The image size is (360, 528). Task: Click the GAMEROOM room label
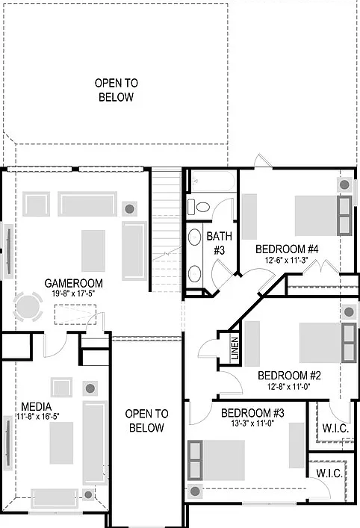(x=73, y=283)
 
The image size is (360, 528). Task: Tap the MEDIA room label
(x=37, y=407)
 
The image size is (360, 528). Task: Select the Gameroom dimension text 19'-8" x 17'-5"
(x=73, y=293)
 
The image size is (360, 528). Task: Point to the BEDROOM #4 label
(x=287, y=249)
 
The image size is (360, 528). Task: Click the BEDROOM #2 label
(x=289, y=376)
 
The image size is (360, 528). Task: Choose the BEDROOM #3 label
(x=252, y=413)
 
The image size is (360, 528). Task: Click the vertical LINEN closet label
(x=235, y=348)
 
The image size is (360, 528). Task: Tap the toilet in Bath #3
(x=199, y=206)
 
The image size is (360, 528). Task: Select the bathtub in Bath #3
(x=212, y=181)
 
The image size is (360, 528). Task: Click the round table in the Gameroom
(x=28, y=307)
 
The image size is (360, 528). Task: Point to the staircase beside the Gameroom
(x=167, y=230)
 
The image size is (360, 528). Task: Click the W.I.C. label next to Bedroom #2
(x=335, y=429)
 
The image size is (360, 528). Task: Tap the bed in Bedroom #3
(x=216, y=460)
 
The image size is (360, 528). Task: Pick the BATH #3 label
(x=220, y=243)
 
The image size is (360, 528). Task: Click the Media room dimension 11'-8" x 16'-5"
(x=38, y=417)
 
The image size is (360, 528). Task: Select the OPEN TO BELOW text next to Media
(x=146, y=420)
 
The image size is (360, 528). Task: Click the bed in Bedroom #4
(x=323, y=216)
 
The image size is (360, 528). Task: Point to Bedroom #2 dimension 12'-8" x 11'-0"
(x=289, y=386)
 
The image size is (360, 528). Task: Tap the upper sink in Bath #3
(x=194, y=237)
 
